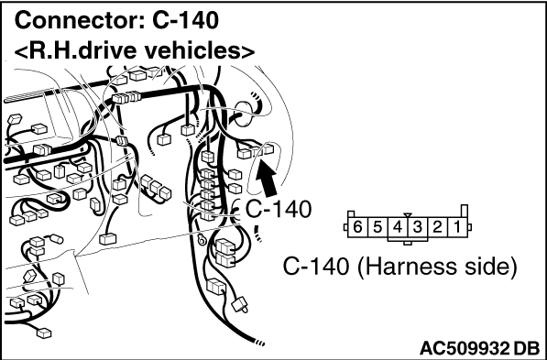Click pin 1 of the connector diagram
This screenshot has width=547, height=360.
pyautogui.click(x=456, y=227)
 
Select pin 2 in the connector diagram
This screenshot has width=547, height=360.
pyautogui.click(x=437, y=227)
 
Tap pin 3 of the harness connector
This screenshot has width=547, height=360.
pyautogui.click(x=417, y=227)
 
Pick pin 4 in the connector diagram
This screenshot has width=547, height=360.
pyautogui.click(x=398, y=227)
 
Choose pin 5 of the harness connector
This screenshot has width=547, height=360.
pyautogui.click(x=377, y=227)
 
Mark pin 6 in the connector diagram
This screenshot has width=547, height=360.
pyautogui.click(x=357, y=227)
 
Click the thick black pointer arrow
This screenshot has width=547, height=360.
pyautogui.click(x=267, y=179)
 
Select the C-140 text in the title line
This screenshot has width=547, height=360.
pyautogui.click(x=186, y=20)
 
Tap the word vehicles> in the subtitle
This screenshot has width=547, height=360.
pyautogui.click(x=198, y=50)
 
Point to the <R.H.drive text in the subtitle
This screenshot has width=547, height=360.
pyautogui.click(x=75, y=50)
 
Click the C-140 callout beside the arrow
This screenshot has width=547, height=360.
pyautogui.click(x=278, y=209)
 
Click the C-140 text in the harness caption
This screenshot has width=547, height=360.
pyautogui.click(x=315, y=267)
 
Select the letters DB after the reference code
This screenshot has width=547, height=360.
pyautogui.click(x=527, y=348)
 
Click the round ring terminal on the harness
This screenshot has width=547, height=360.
pyautogui.click(x=202, y=240)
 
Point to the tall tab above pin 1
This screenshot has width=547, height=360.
pyautogui.click(x=465, y=212)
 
